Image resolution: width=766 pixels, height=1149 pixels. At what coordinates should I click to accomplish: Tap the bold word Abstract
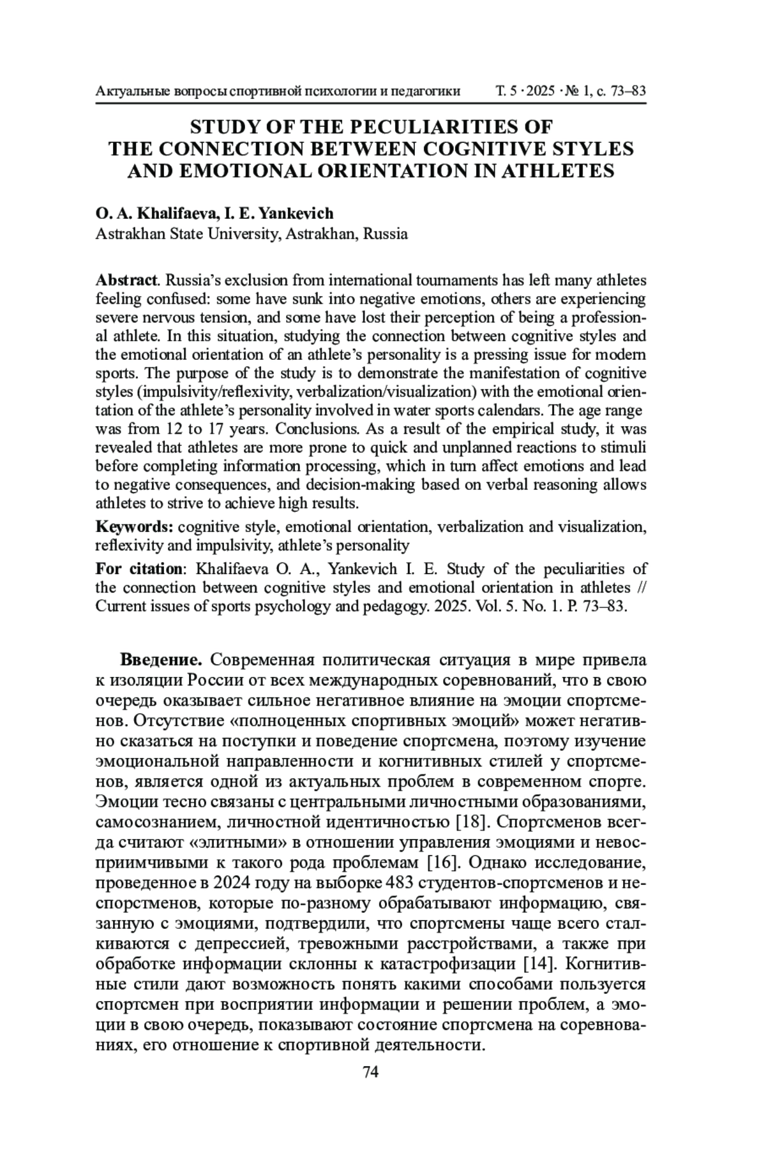point(126,280)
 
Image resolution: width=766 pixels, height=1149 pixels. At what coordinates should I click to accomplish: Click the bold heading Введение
point(161,659)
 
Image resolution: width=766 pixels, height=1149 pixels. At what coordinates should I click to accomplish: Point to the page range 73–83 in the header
point(629,91)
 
